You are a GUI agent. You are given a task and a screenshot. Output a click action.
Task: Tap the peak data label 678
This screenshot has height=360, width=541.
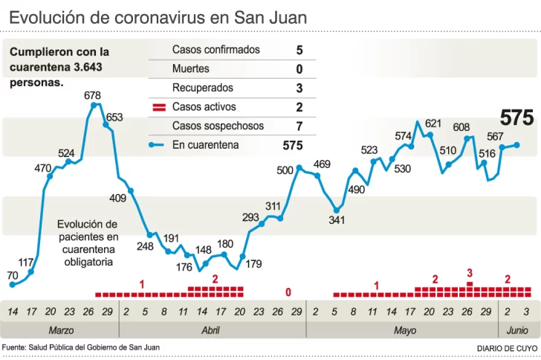coord(93,95)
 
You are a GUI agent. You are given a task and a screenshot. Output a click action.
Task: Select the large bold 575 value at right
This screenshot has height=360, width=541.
coord(516,118)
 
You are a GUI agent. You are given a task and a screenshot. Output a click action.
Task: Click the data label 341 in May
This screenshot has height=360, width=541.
coord(337,220)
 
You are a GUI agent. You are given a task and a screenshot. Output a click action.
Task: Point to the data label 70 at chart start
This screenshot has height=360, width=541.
coord(12,275)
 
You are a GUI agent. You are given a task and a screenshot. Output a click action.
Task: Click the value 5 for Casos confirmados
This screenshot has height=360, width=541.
coord(299,50)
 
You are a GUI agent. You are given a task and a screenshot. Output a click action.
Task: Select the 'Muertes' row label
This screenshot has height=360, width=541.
coord(191,69)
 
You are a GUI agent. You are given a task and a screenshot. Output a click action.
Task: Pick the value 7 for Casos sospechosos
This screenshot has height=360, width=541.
coord(299,126)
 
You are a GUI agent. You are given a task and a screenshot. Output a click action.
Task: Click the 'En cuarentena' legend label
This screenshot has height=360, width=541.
coord(205,145)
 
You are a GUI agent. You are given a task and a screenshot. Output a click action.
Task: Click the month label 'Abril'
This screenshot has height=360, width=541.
coord(210,330)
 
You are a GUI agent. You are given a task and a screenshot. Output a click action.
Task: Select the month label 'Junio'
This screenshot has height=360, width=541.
coord(517,330)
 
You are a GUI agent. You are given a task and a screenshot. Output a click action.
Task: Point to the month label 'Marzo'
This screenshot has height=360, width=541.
coord(61,330)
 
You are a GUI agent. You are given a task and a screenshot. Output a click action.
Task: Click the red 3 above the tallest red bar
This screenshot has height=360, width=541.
coord(470,274)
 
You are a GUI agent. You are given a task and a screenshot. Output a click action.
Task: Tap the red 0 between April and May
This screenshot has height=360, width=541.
coord(288,292)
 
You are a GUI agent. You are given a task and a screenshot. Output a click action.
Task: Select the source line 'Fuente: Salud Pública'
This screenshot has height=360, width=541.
coord(80,347)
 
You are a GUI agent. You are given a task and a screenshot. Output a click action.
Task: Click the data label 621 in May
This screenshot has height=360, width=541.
coord(433,123)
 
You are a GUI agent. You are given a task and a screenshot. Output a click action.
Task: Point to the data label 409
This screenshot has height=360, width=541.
coord(117,198)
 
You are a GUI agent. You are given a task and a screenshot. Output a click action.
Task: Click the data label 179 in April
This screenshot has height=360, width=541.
coord(253,263)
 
